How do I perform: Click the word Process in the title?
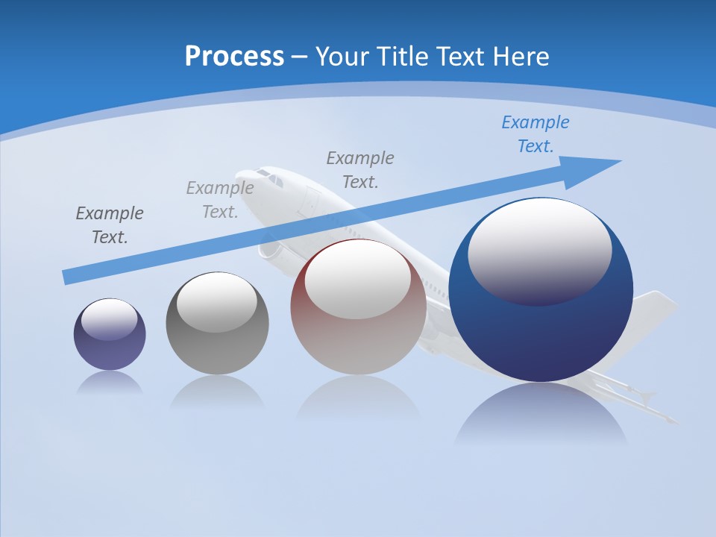(234, 57)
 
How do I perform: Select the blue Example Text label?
(535, 134)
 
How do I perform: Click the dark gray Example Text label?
(110, 225)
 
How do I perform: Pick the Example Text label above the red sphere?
(360, 170)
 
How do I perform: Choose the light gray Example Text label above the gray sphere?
(219, 200)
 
